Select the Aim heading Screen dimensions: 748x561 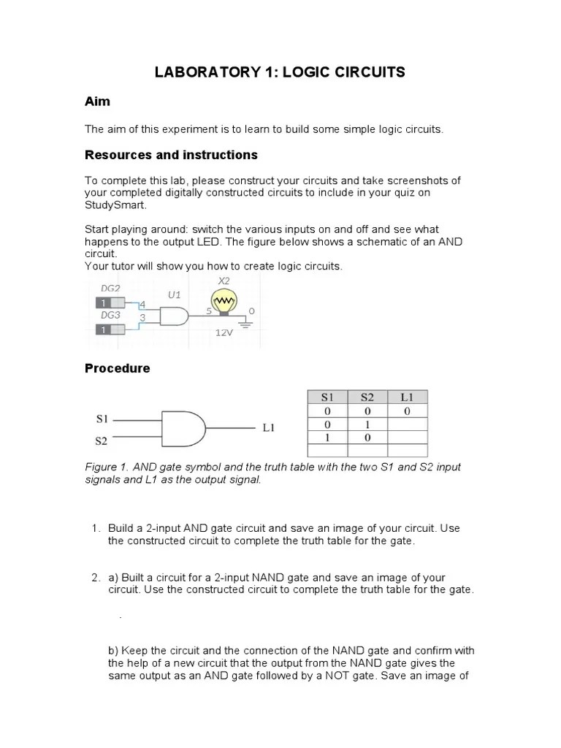coord(97,102)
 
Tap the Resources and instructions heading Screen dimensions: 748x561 coord(171,155)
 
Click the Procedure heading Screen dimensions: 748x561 coord(118,368)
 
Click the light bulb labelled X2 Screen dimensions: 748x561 coord(224,302)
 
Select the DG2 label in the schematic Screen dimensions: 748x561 coord(110,289)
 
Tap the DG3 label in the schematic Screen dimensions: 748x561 coord(110,315)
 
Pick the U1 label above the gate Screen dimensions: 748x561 coord(174,295)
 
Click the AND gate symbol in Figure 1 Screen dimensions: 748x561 coord(183,428)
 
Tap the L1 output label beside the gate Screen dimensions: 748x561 coord(268,428)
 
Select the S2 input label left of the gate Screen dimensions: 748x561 coord(102,441)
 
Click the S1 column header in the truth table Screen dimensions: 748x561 coord(327,397)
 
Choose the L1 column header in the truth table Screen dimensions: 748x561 coord(407,397)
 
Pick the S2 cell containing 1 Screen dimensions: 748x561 coord(367,424)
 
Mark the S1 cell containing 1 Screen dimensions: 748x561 coord(327,438)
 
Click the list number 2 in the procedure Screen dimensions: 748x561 coord(96,577)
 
